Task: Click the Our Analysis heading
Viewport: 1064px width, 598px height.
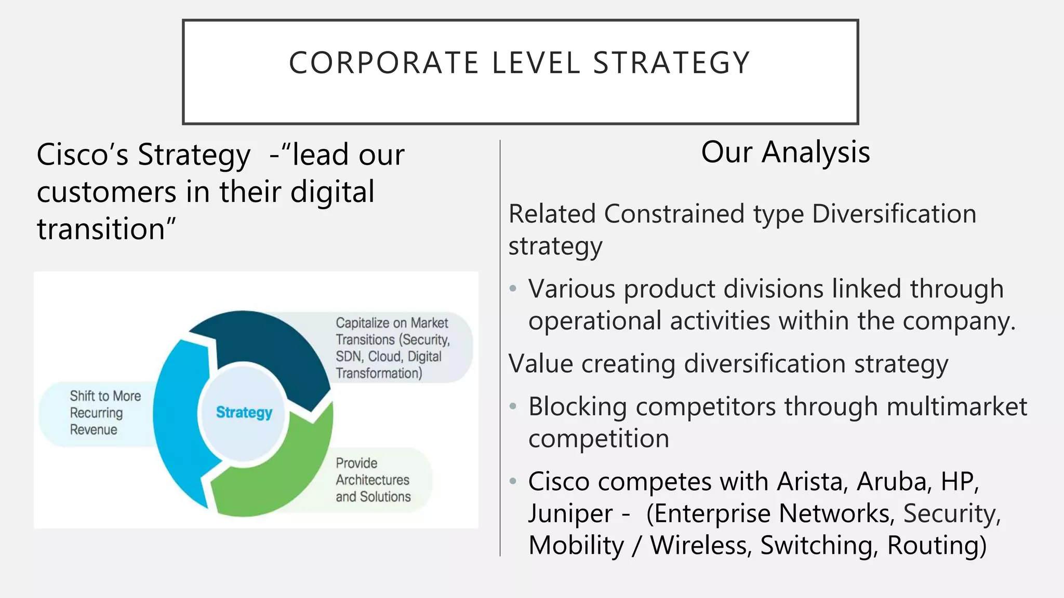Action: coord(785,152)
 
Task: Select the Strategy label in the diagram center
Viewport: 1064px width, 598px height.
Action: coord(244,412)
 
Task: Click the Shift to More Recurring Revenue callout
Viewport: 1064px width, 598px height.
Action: coord(99,413)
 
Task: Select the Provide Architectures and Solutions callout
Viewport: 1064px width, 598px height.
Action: coord(373,480)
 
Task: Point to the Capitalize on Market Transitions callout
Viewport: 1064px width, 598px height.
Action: coord(393,348)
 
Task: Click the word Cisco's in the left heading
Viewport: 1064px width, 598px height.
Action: coord(83,155)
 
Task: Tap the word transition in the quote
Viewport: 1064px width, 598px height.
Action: coord(101,229)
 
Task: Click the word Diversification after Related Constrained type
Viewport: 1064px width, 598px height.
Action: coord(894,214)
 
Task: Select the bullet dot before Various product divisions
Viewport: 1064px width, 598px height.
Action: coord(513,288)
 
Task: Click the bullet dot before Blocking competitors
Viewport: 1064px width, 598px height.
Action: coord(513,406)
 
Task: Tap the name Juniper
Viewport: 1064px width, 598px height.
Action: coord(570,513)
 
